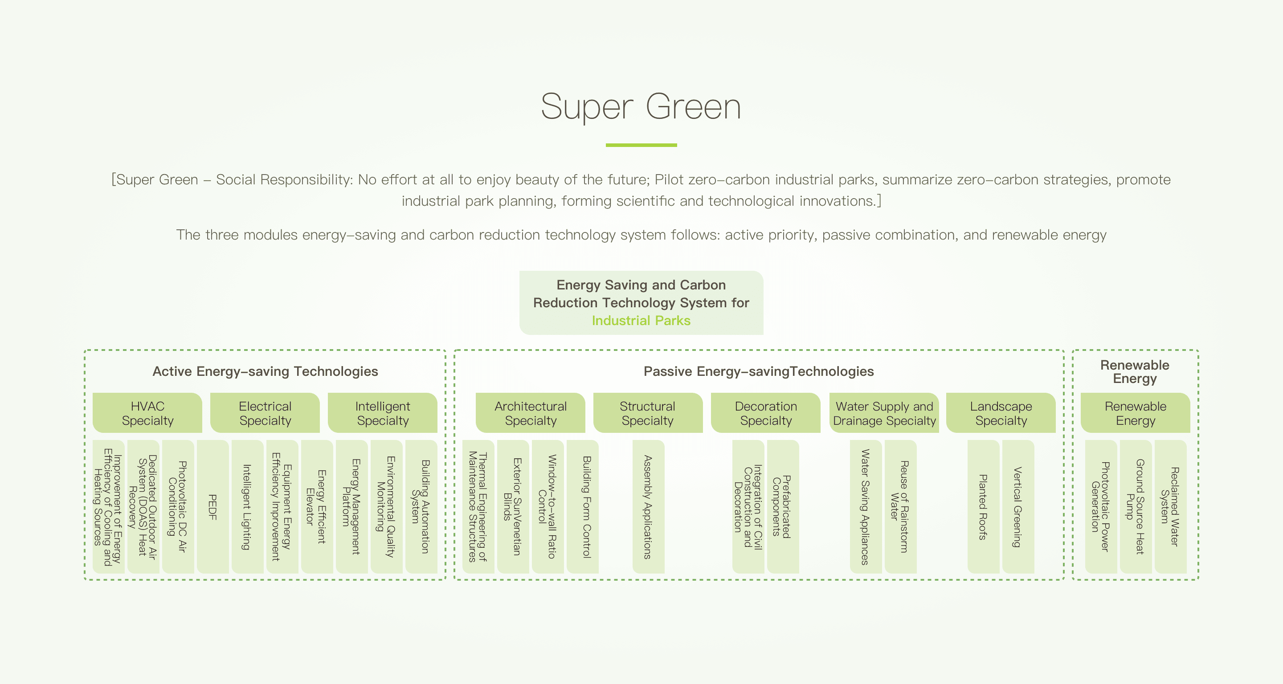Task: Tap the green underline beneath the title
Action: tap(641, 145)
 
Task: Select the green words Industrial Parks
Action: tap(641, 321)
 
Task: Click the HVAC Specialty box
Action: tap(147, 413)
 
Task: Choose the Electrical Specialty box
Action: tap(265, 413)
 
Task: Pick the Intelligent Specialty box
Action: tap(383, 413)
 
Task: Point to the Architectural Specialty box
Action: tap(531, 413)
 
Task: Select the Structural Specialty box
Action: tap(647, 413)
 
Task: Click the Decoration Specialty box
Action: tap(765, 413)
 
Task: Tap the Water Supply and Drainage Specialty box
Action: tap(884, 413)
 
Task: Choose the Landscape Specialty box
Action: tap(1001, 413)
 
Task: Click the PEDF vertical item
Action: tap(212, 507)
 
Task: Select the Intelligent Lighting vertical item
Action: tap(247, 507)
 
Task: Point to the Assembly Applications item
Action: tap(648, 507)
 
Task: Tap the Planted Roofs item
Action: tap(983, 507)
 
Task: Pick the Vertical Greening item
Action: tap(1018, 507)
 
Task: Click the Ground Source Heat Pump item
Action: tap(1136, 507)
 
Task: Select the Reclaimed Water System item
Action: tap(1170, 507)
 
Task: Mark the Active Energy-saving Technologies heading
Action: tap(265, 371)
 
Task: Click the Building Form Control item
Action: tap(583, 507)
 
